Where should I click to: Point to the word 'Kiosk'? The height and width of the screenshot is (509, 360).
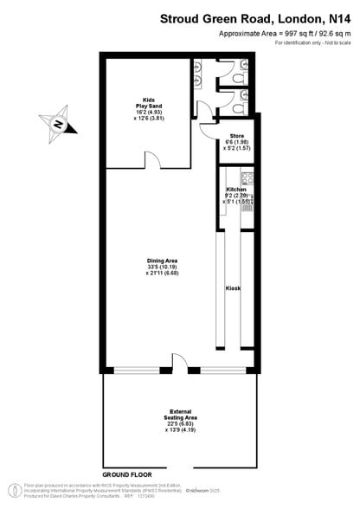pyautogui.click(x=233, y=287)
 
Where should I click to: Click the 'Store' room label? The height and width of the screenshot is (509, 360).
pyautogui.click(x=236, y=136)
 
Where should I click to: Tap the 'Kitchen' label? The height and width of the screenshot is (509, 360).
pyautogui.click(x=237, y=189)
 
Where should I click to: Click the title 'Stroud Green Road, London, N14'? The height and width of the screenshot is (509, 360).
pyautogui.click(x=260, y=18)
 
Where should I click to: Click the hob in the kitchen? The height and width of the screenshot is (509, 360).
pyautogui.click(x=247, y=179)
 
